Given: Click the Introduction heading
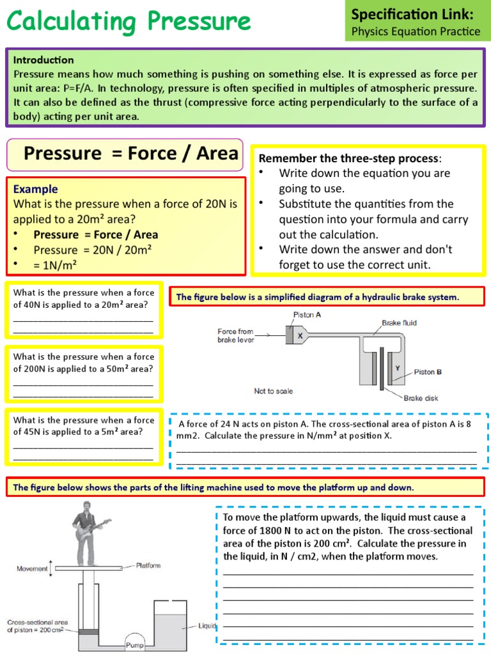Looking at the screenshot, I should tap(43, 60).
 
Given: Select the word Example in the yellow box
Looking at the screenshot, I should tap(35, 189).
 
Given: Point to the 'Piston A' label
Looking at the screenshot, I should tap(307, 315).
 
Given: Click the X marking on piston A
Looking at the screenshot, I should tap(299, 335).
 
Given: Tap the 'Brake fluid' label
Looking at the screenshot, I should tap(399, 323).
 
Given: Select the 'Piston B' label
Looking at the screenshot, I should tap(428, 372).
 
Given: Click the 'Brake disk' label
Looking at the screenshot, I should tap(421, 398).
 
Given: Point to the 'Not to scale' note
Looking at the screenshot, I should tap(274, 391).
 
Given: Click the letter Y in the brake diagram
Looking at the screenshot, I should tap(397, 369).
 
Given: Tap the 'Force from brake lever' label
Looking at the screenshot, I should tap(235, 335).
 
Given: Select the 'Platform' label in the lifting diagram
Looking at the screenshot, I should tap(148, 565).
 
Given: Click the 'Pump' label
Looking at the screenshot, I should tap(135, 646).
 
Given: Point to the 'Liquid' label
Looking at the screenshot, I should tap(208, 625).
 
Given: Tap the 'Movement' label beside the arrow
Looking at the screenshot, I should tap(32, 568).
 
